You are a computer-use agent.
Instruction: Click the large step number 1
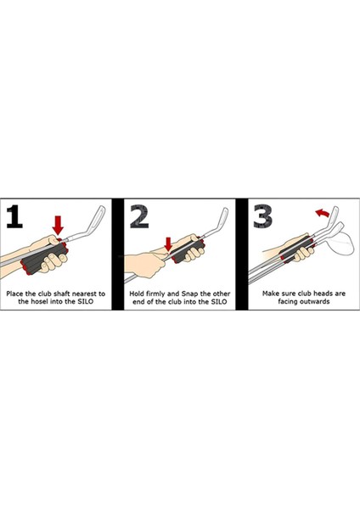14,215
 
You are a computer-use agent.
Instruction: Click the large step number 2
139,215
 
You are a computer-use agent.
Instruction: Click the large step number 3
263,215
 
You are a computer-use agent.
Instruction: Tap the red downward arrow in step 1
58,226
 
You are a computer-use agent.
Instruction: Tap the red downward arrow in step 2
168,244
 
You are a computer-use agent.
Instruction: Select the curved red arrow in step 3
323,213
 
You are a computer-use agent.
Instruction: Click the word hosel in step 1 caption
41,301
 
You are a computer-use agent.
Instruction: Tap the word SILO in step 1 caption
86,301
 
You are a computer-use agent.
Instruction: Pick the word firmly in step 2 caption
155,294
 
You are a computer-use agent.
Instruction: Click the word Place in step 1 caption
14,294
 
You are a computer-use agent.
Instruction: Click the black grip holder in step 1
45,256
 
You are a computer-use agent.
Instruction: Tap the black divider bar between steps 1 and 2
118,255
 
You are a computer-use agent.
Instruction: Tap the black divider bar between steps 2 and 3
242,255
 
